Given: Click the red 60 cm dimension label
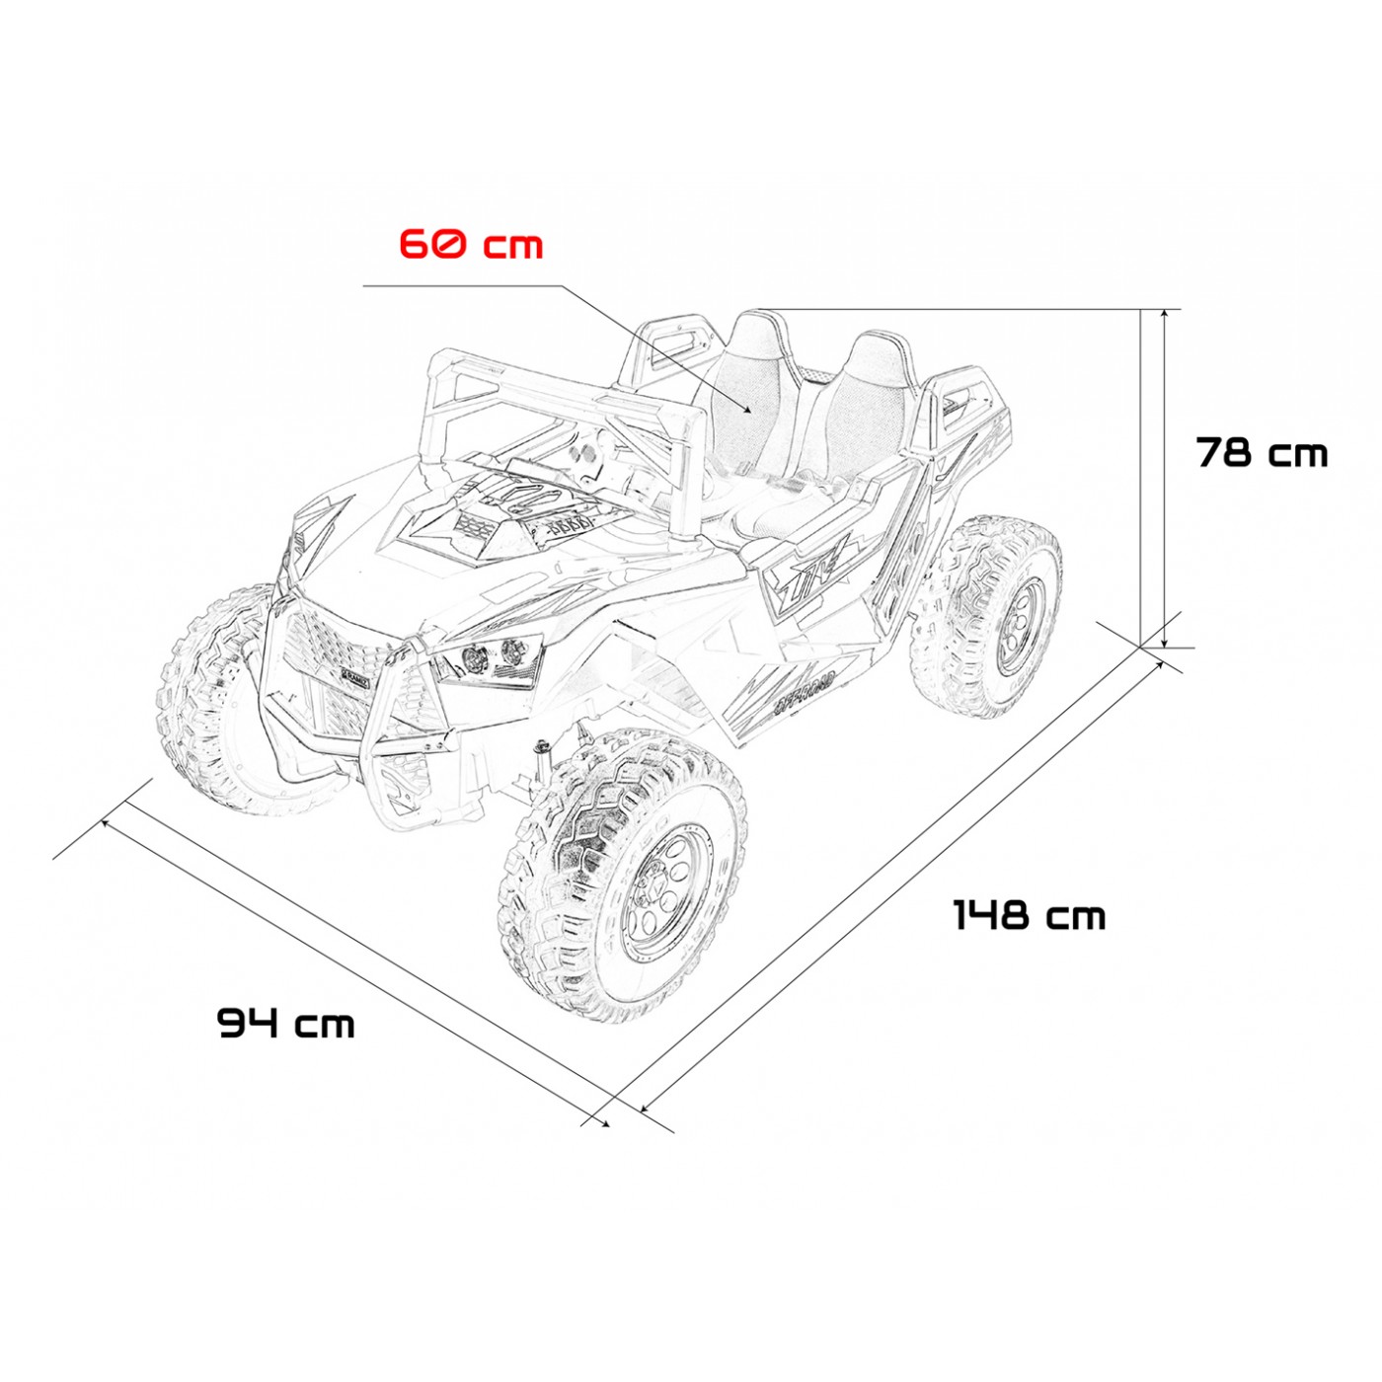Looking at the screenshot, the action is [x=471, y=244].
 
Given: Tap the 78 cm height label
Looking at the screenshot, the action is [x=1262, y=452].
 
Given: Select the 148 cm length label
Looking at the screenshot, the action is [x=1030, y=916].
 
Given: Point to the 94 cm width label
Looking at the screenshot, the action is [x=285, y=1023].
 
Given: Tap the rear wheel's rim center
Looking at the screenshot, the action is [x=1022, y=626].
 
